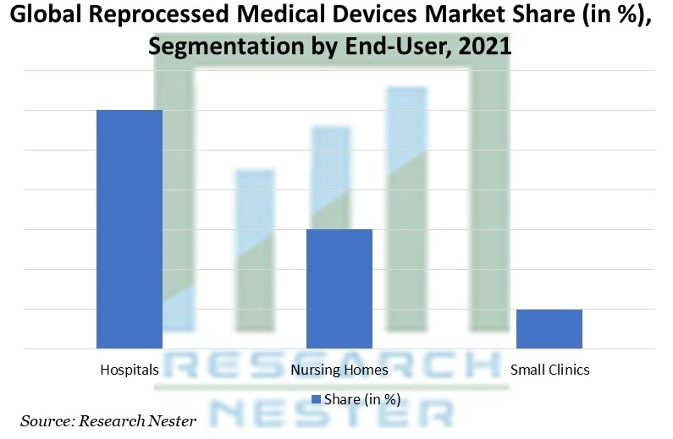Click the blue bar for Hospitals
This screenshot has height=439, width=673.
(x=130, y=228)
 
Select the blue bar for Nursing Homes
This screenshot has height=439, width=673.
(x=339, y=288)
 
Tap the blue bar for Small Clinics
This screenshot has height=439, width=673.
(x=549, y=328)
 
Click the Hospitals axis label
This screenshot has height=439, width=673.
(x=130, y=370)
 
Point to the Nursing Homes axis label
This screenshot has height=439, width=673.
(x=339, y=370)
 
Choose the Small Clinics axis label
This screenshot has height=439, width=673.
(x=549, y=370)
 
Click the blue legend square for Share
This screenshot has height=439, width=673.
(x=317, y=398)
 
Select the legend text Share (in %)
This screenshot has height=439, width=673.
(x=362, y=398)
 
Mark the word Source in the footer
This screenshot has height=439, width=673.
(x=44, y=420)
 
